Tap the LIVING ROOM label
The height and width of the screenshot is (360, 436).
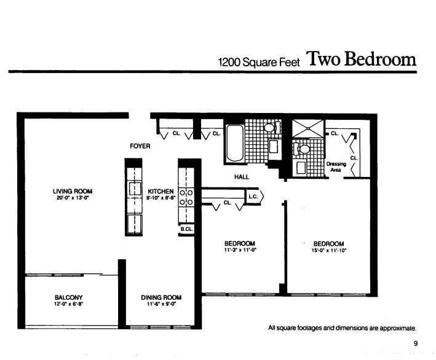tap(73, 192)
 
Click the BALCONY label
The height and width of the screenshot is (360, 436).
tap(68, 297)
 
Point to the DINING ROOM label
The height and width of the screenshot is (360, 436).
tap(161, 297)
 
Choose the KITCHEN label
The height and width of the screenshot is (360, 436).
tap(161, 192)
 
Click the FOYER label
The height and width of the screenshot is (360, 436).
tap(140, 146)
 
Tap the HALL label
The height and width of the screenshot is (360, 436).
tap(241, 177)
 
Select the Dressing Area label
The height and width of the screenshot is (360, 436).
tap(336, 166)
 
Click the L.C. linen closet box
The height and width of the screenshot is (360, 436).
tap(254, 197)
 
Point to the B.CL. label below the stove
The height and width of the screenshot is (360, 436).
tap(186, 229)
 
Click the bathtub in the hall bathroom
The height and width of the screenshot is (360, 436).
tap(235, 143)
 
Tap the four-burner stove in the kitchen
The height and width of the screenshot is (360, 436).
tap(186, 197)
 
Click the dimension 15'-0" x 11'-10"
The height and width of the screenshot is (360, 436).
tap(328, 251)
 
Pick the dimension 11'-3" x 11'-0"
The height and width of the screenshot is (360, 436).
tap(239, 251)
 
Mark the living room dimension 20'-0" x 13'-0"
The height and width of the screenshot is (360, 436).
tap(73, 199)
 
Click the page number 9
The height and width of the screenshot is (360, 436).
tap(415, 343)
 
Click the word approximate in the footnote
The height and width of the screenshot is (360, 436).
tap(397, 328)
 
